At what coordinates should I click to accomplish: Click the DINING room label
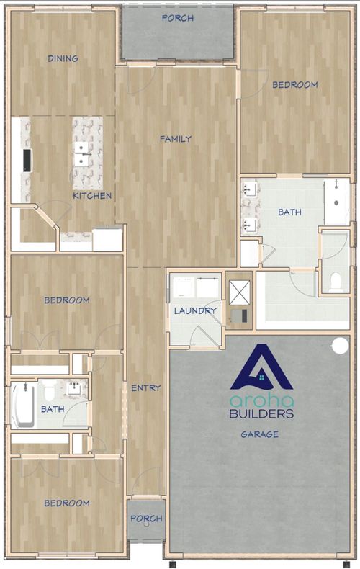(x=63, y=58)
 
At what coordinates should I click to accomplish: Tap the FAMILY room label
(x=176, y=138)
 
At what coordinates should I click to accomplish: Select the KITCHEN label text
(x=92, y=196)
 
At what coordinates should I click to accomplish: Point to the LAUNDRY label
(x=195, y=310)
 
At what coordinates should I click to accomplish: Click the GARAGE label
(x=260, y=434)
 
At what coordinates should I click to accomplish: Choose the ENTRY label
(x=146, y=388)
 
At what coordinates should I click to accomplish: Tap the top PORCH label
(x=177, y=18)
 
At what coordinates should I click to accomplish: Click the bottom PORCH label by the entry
(x=146, y=519)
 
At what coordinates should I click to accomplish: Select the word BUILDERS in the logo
(x=261, y=413)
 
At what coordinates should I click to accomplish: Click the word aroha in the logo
(x=261, y=400)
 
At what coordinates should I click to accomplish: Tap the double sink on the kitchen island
(x=81, y=153)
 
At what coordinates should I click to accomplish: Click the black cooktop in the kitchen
(x=27, y=160)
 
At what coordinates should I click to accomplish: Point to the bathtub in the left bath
(x=23, y=406)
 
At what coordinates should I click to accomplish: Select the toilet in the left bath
(x=48, y=391)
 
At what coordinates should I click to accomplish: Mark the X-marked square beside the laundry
(x=240, y=293)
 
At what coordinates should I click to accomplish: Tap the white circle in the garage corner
(x=341, y=346)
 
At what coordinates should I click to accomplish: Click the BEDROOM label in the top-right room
(x=295, y=85)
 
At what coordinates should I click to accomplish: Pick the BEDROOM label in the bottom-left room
(x=67, y=503)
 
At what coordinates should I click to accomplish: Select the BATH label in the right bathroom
(x=289, y=212)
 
